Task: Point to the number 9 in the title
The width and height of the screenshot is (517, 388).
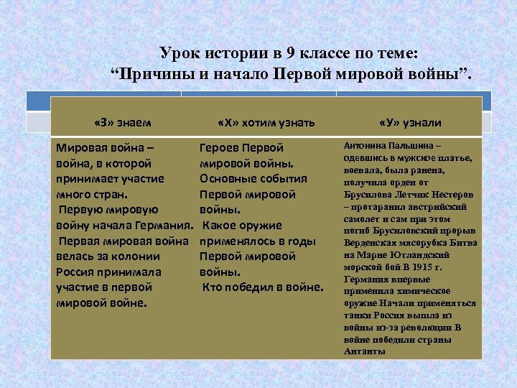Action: point(296,54)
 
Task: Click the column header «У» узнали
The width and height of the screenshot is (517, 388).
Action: point(410,122)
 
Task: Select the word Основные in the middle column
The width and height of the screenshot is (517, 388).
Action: point(229,179)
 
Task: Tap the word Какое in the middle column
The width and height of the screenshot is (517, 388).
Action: point(220,226)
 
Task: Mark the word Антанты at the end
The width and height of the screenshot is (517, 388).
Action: point(365,351)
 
